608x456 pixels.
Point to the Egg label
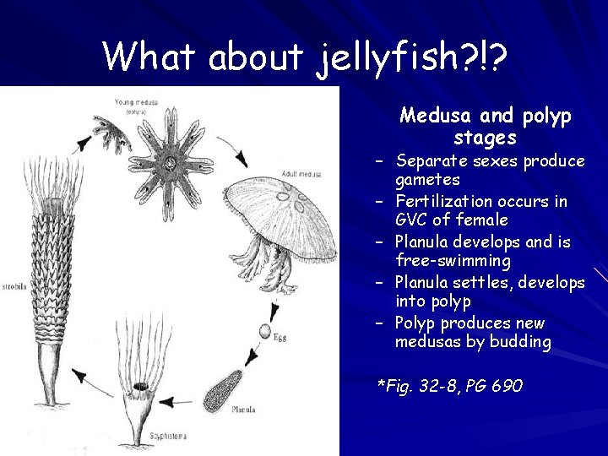280,337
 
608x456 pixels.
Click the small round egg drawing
267,331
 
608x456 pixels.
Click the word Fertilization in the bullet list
443,202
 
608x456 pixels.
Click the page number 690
505,387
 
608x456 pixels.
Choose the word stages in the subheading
485,137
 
